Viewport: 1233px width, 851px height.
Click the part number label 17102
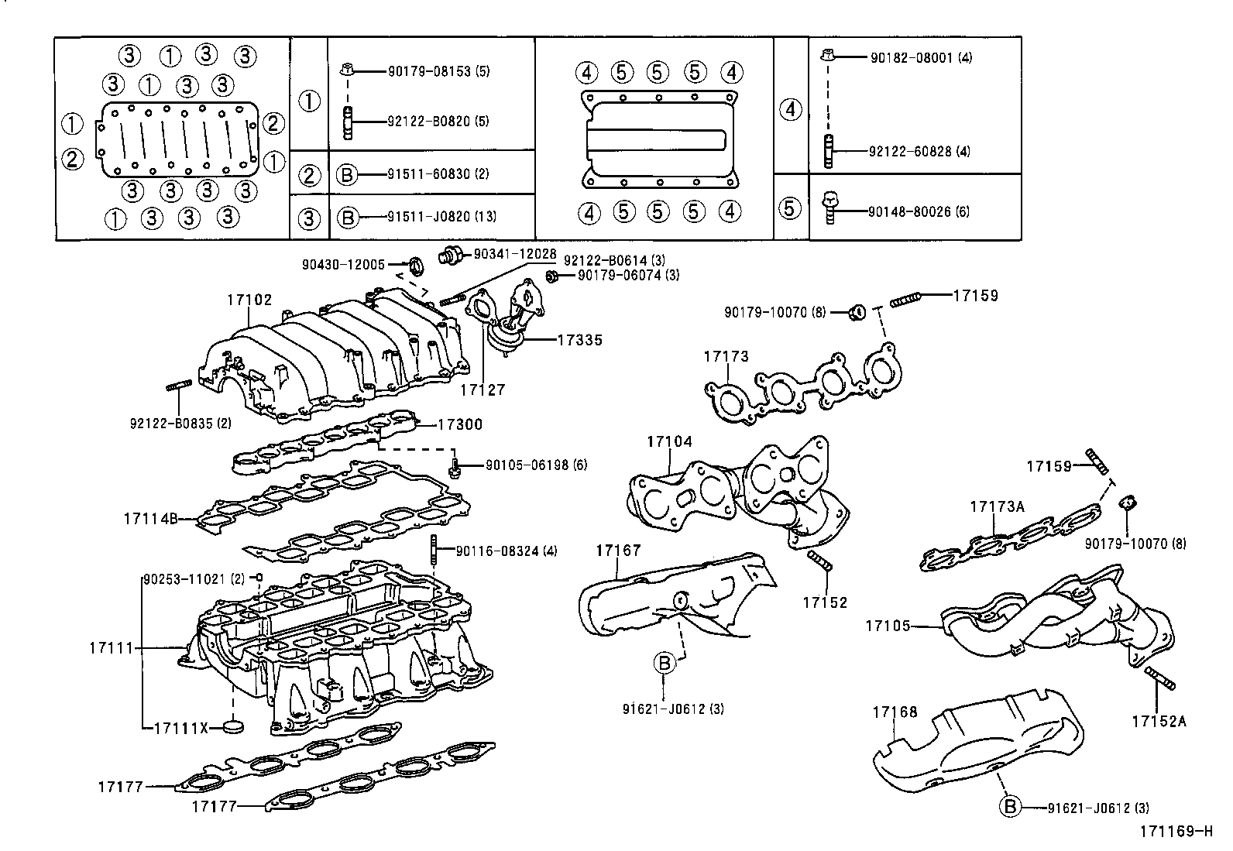[249, 298]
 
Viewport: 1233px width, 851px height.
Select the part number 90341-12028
[514, 254]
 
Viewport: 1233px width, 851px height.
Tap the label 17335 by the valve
[579, 340]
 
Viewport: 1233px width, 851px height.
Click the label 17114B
[149, 518]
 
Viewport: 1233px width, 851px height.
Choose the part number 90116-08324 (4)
[506, 551]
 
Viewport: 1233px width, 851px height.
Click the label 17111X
[181, 727]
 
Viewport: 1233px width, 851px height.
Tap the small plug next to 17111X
[232, 726]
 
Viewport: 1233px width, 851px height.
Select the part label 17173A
[997, 507]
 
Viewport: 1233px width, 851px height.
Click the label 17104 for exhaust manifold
[669, 441]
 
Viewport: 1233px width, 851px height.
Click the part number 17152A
[1158, 722]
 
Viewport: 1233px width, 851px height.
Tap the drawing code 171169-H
[1175, 832]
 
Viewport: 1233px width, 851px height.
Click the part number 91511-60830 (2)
[438, 175]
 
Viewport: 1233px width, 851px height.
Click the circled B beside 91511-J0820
[348, 218]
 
